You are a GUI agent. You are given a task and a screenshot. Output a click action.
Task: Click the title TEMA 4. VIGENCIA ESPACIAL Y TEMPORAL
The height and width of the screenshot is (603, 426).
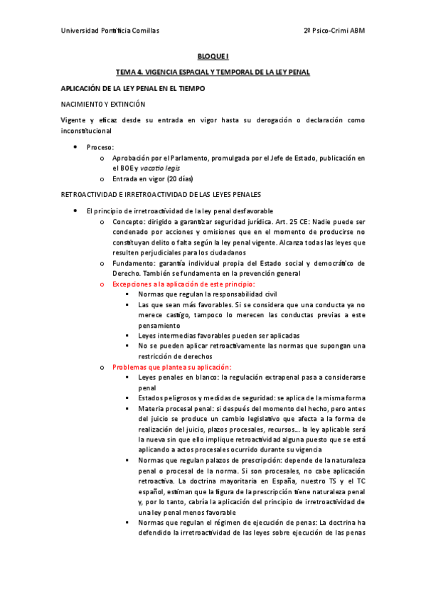pyautogui.click(x=213, y=72)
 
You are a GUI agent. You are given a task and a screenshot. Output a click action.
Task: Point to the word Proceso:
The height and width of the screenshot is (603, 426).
pyautogui.click(x=100, y=147)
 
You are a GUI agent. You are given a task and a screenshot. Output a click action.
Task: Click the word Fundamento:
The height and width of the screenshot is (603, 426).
pyautogui.click(x=136, y=262)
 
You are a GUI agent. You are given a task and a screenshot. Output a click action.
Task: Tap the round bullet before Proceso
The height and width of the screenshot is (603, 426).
pyautogui.click(x=76, y=147)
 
